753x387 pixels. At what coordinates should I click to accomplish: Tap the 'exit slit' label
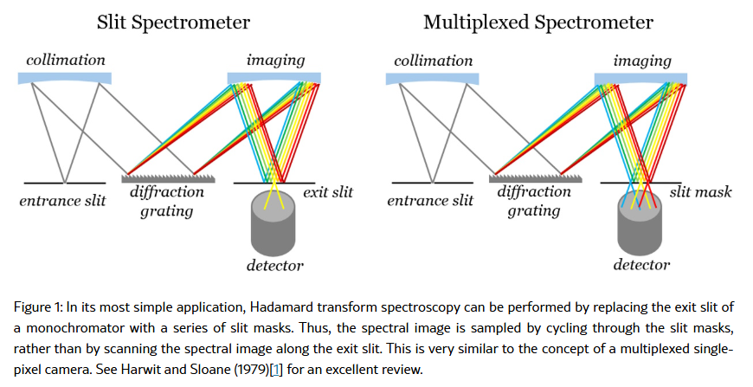click(327, 192)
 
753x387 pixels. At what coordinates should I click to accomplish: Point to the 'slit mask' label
click(701, 192)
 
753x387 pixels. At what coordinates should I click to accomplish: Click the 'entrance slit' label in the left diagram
click(62, 202)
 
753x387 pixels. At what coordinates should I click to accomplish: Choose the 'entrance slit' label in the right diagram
click(430, 202)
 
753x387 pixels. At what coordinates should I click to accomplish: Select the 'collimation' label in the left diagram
click(66, 61)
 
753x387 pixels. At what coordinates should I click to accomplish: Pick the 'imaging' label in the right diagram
click(642, 61)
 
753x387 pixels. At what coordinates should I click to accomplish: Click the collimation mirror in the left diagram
click(65, 78)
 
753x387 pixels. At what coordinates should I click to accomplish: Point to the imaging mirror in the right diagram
click(641, 78)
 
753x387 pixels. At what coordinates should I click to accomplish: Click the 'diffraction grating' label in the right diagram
click(534, 201)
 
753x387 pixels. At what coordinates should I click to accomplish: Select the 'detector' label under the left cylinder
click(274, 265)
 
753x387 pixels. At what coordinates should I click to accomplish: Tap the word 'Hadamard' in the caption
click(276, 308)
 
